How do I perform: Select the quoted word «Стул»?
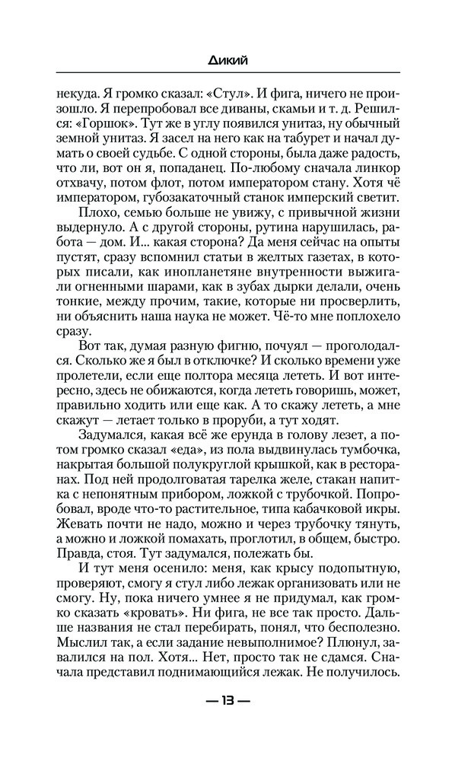coord(232,97)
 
